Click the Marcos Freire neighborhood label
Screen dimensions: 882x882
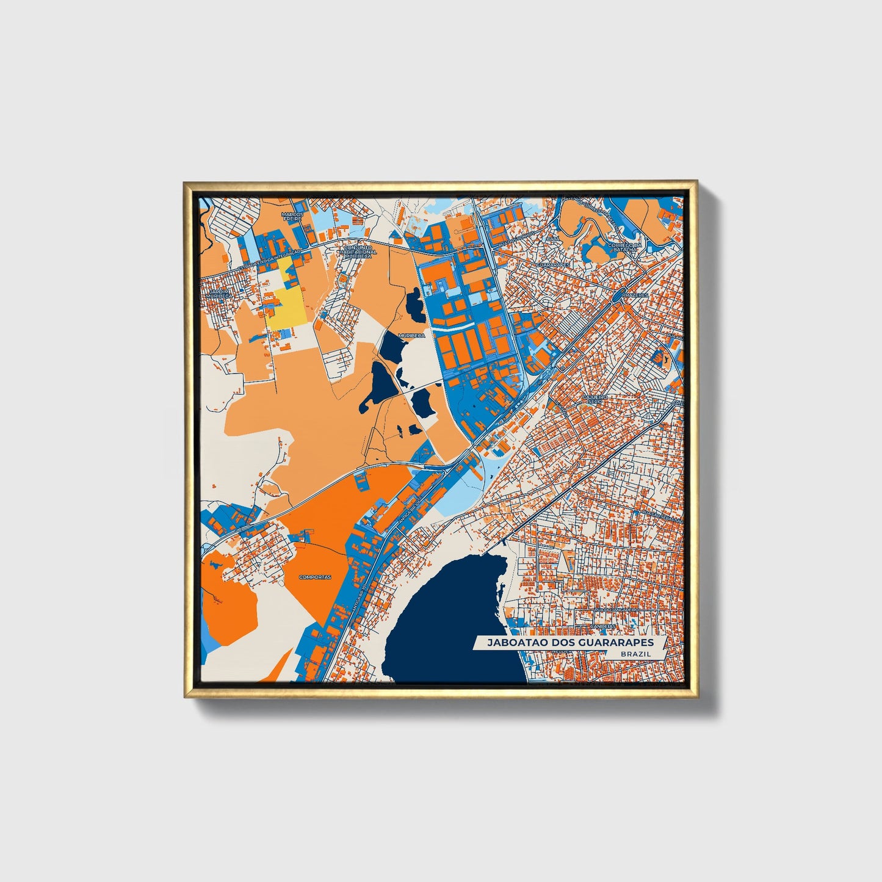tap(292, 217)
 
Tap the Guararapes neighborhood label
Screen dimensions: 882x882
tap(552, 265)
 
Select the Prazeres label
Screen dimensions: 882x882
tap(633, 294)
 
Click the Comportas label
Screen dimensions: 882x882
tap(315, 577)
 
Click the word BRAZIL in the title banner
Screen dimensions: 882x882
tap(635, 654)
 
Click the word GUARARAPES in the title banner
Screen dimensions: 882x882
tap(619, 643)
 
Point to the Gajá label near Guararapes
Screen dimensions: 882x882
tap(552, 239)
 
